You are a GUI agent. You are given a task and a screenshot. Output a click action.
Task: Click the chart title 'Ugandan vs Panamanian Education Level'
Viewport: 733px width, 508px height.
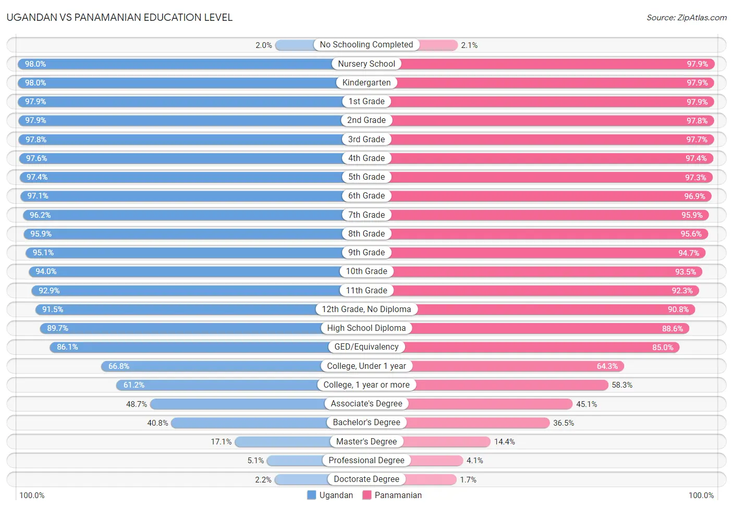point(119,17)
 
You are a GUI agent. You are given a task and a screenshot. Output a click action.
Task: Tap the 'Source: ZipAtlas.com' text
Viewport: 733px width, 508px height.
point(686,17)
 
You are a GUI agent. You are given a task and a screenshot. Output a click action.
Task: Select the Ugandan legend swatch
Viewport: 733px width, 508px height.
point(312,495)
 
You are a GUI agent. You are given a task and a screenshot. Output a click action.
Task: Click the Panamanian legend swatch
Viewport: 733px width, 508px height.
point(367,495)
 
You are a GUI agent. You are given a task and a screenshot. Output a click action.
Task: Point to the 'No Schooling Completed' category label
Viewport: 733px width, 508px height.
point(366,45)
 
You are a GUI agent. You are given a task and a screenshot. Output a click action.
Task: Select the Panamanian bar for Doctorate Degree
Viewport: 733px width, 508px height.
point(430,479)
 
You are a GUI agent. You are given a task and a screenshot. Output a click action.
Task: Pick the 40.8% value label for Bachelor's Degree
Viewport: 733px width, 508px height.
point(157,423)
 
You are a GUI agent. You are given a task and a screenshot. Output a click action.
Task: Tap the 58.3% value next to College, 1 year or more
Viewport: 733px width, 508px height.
point(622,385)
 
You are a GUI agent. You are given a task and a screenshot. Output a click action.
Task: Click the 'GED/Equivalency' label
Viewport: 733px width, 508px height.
point(366,347)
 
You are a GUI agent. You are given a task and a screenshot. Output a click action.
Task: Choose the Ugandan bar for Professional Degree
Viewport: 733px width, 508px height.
point(295,461)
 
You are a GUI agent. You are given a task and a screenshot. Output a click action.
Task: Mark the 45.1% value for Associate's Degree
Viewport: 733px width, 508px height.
point(587,404)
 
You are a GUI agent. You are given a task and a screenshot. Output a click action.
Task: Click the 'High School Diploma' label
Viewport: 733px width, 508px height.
point(366,328)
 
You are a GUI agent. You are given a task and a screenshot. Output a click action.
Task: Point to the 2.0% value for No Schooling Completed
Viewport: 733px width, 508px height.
point(264,45)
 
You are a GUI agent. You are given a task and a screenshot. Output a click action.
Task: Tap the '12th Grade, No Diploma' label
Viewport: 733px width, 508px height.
point(366,309)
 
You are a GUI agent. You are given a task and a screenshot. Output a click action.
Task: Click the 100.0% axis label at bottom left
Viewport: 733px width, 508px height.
point(32,495)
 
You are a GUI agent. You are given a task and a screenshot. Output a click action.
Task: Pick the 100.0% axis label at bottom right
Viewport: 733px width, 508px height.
point(701,495)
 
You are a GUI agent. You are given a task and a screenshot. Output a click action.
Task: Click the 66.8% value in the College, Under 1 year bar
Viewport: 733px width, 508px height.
point(119,366)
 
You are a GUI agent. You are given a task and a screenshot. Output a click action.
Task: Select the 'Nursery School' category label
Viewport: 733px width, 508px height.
point(366,64)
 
